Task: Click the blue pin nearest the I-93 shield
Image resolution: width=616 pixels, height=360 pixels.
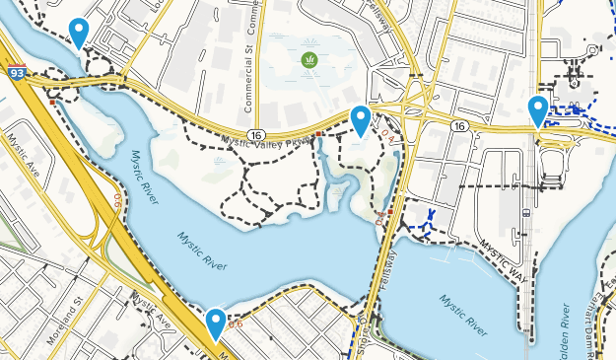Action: (78, 31)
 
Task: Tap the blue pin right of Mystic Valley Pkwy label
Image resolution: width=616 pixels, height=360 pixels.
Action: (362, 118)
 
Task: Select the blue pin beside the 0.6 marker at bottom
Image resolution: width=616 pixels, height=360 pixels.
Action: (216, 322)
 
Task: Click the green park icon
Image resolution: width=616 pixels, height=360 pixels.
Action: (310, 60)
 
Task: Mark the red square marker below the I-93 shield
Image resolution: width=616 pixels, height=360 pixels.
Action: (52, 100)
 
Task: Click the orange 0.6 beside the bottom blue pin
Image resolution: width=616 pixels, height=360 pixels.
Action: (235, 324)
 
